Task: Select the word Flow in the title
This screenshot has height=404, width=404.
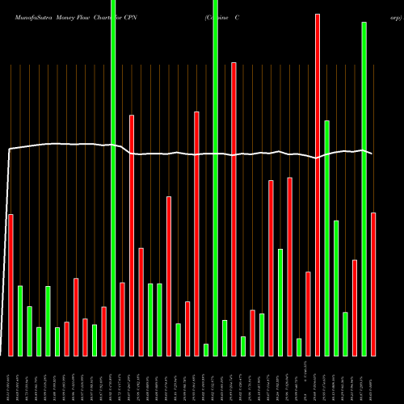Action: tap(82, 16)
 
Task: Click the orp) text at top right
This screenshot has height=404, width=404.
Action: tap(393, 16)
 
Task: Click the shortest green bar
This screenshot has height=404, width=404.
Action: tap(206, 350)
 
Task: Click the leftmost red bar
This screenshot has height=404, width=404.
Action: tap(11, 284)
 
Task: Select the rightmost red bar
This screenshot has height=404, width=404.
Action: tap(373, 284)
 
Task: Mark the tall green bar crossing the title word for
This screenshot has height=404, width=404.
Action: tap(113, 178)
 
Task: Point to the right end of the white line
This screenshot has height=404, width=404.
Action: tap(372, 153)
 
